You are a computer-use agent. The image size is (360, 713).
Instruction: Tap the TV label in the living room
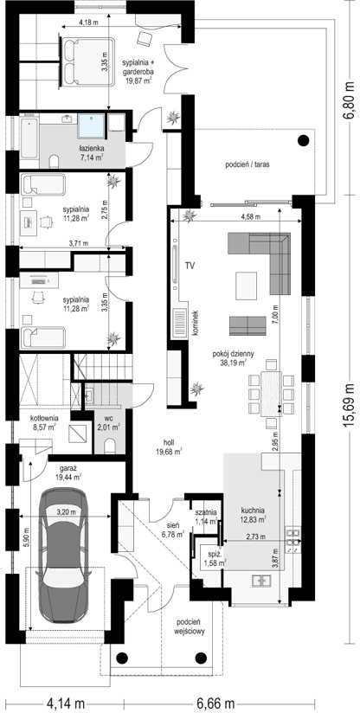(190, 266)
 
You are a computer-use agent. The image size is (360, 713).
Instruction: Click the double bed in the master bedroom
(87, 61)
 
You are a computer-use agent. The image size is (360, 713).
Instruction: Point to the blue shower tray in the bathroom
(92, 125)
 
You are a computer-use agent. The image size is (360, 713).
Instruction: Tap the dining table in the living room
(271, 394)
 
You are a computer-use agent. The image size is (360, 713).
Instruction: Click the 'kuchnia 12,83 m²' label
(254, 514)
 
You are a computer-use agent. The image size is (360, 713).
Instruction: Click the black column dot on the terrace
(303, 141)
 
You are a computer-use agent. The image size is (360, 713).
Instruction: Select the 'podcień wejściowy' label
(193, 626)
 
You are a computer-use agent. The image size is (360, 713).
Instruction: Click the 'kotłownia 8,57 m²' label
(42, 422)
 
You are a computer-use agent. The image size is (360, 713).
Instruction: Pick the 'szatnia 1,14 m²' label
(203, 517)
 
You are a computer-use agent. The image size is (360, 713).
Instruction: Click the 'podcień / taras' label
(247, 165)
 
